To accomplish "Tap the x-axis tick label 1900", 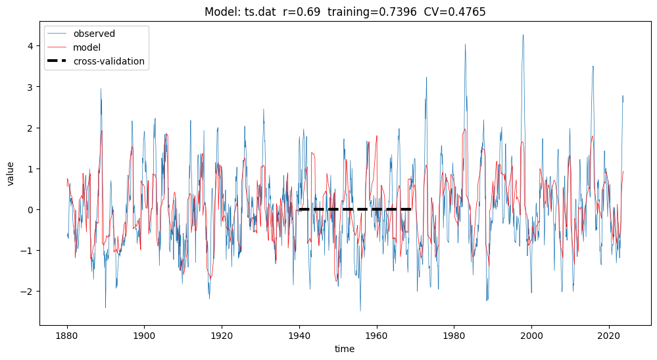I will click(x=144, y=334).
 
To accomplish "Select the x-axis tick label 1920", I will click(x=222, y=334).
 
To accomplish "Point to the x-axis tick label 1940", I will click(x=299, y=334).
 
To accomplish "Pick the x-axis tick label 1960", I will click(x=377, y=334).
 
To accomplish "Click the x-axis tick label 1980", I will click(x=454, y=334).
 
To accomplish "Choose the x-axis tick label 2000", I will click(x=531, y=334).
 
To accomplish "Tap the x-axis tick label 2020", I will click(x=609, y=334).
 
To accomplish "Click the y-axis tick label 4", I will click(x=30, y=46).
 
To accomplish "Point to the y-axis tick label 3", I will click(x=30, y=87).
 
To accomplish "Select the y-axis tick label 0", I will click(x=30, y=209).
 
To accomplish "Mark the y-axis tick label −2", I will click(x=28, y=291).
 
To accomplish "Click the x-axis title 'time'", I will click(x=345, y=349).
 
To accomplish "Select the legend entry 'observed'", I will click(x=94, y=34).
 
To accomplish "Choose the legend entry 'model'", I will click(x=87, y=47).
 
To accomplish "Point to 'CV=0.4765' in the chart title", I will click(x=454, y=13).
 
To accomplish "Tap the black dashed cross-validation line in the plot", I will click(x=355, y=209).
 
